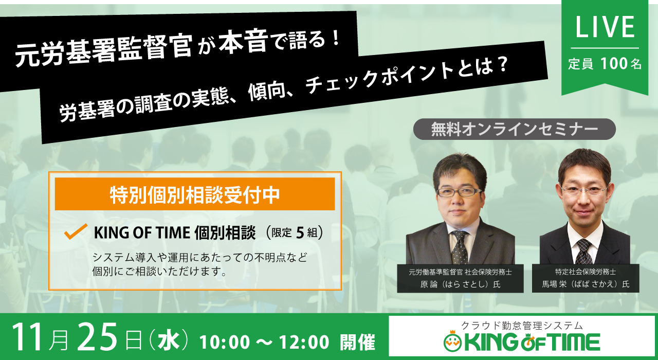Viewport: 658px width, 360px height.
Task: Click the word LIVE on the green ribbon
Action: coord(605,27)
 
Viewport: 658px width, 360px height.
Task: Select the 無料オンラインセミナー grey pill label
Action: coord(515,129)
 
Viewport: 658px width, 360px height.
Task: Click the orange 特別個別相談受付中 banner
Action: coord(195,194)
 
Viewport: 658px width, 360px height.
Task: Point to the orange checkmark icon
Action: coord(76,231)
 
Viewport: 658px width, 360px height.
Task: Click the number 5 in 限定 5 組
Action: coord(300,233)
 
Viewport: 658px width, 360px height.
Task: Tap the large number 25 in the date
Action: coord(98,337)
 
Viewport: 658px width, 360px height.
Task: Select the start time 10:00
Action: coord(225,342)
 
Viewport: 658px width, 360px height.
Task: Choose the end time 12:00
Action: coord(304,342)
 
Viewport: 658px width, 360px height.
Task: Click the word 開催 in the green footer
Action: coord(357,342)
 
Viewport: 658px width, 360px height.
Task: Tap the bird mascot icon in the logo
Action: coord(453,341)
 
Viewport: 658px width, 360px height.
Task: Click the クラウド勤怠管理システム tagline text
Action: coord(522,326)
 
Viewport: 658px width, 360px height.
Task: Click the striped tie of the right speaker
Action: coord(583,251)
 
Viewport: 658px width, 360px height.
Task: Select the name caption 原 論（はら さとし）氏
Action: coord(460,284)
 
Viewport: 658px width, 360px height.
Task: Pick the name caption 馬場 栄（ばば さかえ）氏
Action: coord(586,284)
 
